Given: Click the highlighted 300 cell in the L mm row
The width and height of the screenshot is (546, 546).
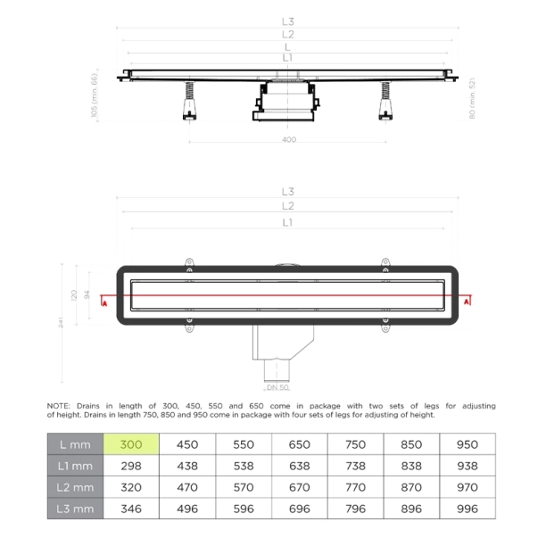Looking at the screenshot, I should [132, 443].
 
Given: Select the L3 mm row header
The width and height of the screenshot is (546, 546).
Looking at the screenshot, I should [75, 508].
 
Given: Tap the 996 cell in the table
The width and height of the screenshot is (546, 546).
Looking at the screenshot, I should [468, 508].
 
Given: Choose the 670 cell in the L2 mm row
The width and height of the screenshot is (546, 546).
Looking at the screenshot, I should [300, 486].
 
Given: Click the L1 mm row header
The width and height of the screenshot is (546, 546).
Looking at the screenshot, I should [75, 465].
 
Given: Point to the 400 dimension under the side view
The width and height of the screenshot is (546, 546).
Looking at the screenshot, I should [288, 139].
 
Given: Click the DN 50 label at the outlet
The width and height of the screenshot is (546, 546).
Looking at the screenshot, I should [277, 388].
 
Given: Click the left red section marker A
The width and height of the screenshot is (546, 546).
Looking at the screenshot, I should [104, 303].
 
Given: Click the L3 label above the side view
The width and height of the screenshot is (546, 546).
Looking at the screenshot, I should [287, 21].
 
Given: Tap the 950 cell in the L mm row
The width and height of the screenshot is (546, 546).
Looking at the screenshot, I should [468, 443].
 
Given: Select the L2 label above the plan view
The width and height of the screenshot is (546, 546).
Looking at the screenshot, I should [287, 206].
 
